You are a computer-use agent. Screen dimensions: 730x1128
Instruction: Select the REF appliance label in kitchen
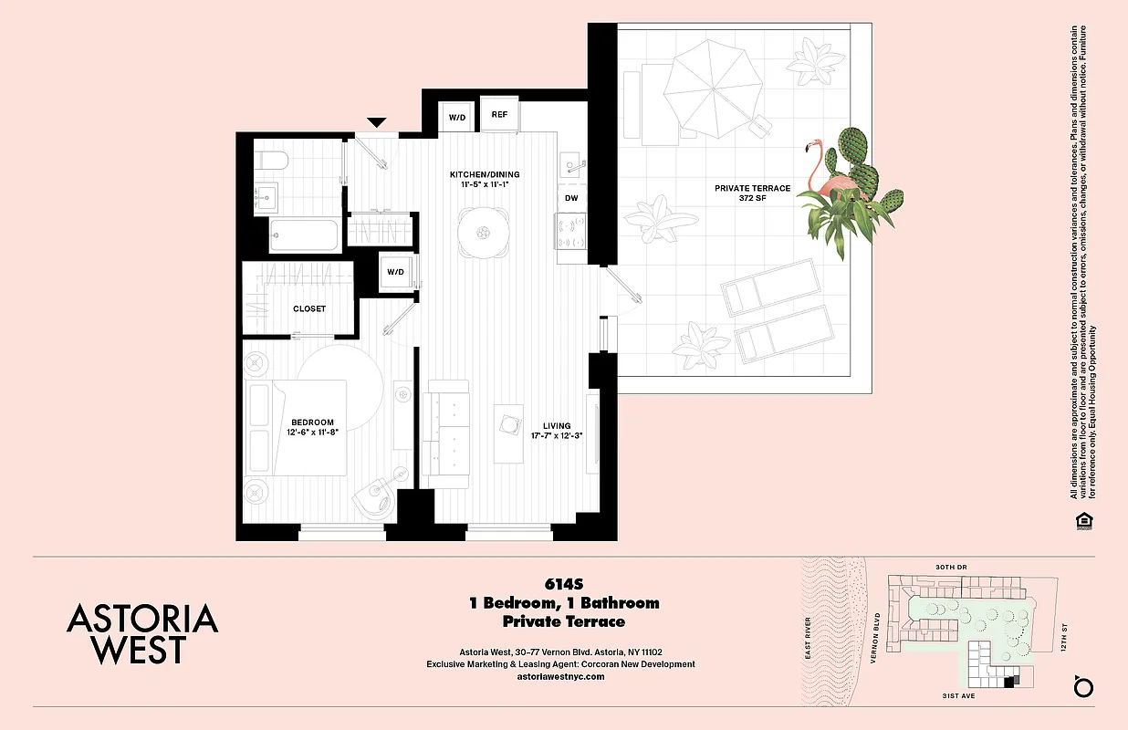click(x=499, y=114)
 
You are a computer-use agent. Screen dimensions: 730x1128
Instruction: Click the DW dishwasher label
click(x=571, y=197)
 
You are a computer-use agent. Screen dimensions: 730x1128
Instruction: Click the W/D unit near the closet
click(x=395, y=272)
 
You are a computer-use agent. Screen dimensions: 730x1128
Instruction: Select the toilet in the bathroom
click(x=271, y=162)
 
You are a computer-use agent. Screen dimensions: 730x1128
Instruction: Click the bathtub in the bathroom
click(x=306, y=236)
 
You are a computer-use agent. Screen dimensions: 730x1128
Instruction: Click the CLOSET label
click(x=309, y=308)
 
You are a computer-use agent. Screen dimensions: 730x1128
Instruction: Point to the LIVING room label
click(x=557, y=425)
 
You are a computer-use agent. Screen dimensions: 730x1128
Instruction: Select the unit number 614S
click(x=564, y=583)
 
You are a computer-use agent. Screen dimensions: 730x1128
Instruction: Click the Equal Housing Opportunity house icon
click(x=1084, y=521)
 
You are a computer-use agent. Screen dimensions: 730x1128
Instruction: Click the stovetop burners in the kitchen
click(x=571, y=232)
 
